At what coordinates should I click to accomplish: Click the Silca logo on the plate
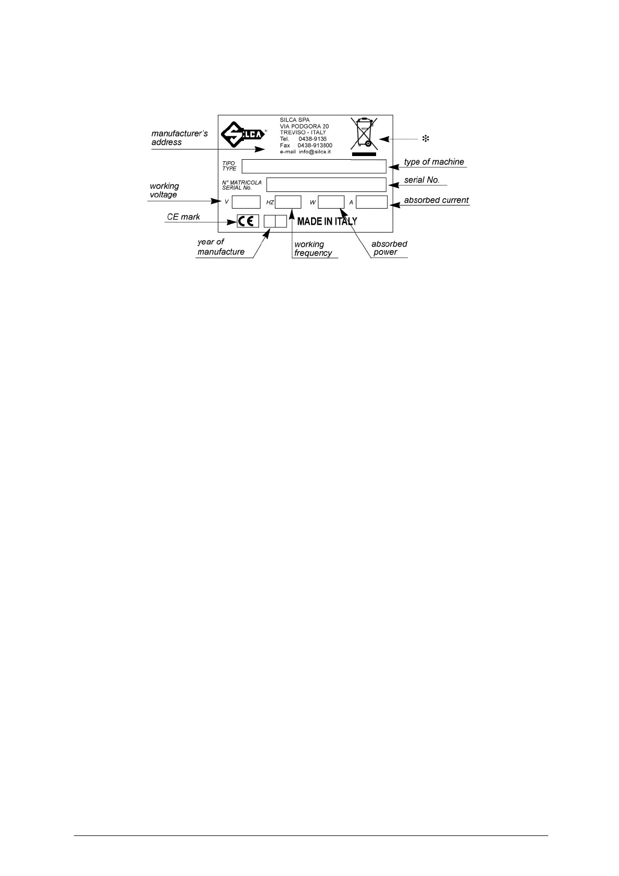(240, 135)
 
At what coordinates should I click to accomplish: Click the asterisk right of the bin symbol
(425, 139)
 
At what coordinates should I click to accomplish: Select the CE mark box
(248, 221)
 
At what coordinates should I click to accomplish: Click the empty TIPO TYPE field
(314, 166)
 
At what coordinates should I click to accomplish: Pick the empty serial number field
(326, 185)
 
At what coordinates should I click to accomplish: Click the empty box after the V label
(246, 202)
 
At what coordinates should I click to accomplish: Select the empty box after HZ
(288, 202)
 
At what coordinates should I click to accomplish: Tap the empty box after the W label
(331, 202)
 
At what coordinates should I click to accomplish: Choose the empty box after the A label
(371, 202)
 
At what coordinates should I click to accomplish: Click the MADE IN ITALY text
(327, 222)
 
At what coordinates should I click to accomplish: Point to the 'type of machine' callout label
(434, 162)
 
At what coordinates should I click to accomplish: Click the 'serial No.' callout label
(422, 180)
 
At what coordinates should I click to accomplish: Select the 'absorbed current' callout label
(436, 200)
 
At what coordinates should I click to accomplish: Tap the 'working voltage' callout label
(164, 190)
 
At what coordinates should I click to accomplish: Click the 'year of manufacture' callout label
(221, 247)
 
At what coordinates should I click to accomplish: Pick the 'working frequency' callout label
(313, 249)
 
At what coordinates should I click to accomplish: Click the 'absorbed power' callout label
(389, 248)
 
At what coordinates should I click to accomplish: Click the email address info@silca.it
(315, 152)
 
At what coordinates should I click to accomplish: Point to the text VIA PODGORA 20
(304, 126)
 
